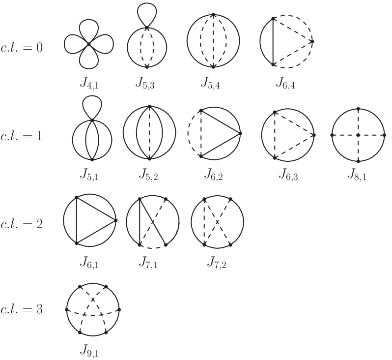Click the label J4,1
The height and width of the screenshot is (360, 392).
89,84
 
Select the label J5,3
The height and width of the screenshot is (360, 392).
145,84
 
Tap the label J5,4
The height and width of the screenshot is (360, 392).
211,84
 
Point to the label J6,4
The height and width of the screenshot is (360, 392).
285,84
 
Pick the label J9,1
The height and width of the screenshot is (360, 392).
89,351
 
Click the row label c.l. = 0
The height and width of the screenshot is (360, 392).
22,47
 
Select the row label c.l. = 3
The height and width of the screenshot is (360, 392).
22,309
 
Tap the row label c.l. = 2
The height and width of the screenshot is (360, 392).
22,224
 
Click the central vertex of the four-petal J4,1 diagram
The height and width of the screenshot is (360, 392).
89,44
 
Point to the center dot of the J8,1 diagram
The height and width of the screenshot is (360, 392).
358,135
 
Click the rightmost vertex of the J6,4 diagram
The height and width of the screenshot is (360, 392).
312,42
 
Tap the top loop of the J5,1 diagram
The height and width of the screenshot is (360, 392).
92,98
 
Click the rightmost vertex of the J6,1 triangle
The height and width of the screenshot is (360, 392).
115,220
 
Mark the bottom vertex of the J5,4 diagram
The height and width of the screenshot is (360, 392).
213,67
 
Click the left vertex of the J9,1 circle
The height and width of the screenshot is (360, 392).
66,310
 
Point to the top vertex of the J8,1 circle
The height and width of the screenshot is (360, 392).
358,109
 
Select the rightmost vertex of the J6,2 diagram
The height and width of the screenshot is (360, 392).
240,133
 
